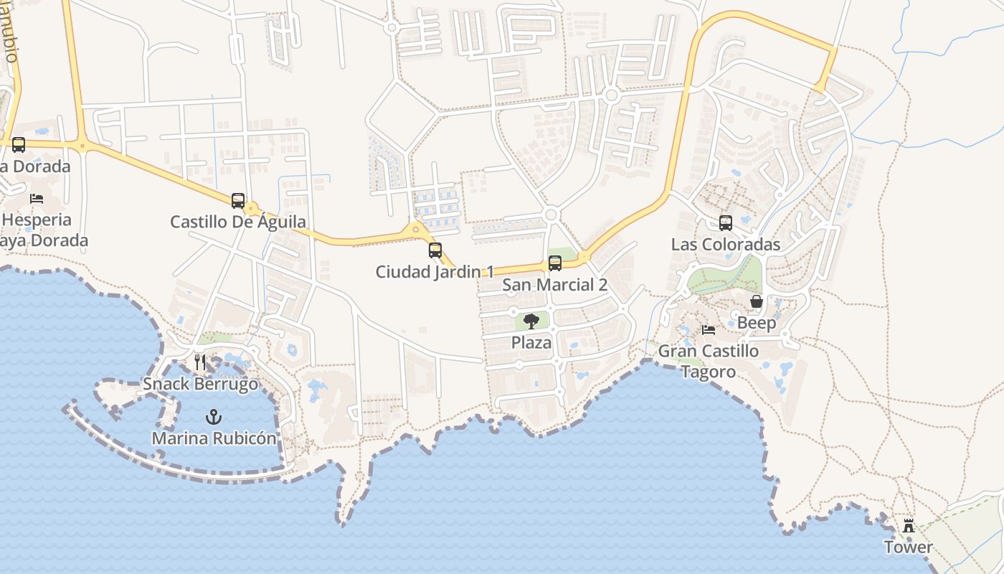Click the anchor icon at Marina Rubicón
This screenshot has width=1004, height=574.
[213, 416]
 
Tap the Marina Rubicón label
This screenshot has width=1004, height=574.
[214, 438]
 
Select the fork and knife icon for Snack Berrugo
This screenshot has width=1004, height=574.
[200, 362]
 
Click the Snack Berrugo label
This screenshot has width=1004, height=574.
[200, 384]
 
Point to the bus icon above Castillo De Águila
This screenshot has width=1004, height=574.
[238, 201]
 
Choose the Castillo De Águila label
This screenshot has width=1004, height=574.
[238, 222]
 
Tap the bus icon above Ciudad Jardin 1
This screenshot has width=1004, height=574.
[435, 250]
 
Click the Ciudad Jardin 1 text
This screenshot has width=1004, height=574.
[435, 272]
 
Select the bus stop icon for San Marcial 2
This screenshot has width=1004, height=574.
[555, 263]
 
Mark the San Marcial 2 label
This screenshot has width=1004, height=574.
[555, 285]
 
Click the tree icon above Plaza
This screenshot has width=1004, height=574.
[531, 321]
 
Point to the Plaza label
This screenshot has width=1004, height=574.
[531, 342]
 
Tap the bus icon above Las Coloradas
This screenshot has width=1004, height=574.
[726, 223]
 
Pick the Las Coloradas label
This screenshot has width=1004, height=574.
[726, 245]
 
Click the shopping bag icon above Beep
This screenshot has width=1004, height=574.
[757, 301]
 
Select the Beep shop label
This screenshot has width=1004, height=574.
[757, 323]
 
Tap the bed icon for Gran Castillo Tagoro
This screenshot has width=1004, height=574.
[709, 330]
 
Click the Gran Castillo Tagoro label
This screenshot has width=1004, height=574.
[709, 361]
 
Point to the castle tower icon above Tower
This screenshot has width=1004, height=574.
[909, 526]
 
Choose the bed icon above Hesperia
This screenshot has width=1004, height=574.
[37, 198]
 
